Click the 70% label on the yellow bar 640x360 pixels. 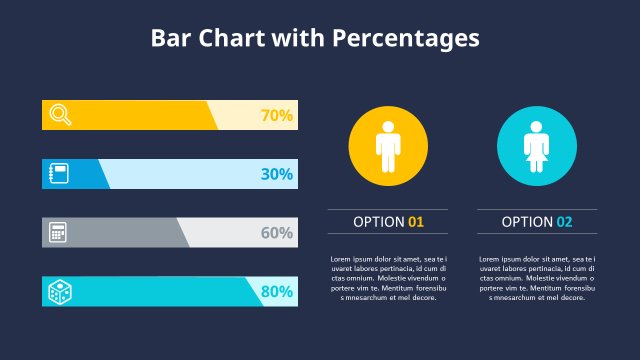pyautogui.click(x=276, y=115)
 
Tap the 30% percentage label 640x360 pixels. pyautogui.click(x=276, y=174)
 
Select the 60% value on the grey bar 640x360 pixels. pyautogui.click(x=276, y=233)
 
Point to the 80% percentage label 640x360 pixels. pyautogui.click(x=276, y=291)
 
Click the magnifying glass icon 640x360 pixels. pyautogui.click(x=60, y=114)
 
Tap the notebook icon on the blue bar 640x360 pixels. pyautogui.click(x=58, y=173)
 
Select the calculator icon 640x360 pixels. pyautogui.click(x=58, y=232)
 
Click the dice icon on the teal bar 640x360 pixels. pyautogui.click(x=59, y=291)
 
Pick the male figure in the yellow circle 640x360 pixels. pyautogui.click(x=388, y=146)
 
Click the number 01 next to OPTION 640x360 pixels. pyautogui.click(x=415, y=222)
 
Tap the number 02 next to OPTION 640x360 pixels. pyautogui.click(x=564, y=222)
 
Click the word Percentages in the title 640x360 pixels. pyautogui.click(x=405, y=38)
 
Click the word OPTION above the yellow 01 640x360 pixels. pyautogui.click(x=378, y=222)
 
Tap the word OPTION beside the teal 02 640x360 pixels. pyautogui.click(x=527, y=222)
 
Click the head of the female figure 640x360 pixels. pyautogui.click(x=536, y=127)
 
